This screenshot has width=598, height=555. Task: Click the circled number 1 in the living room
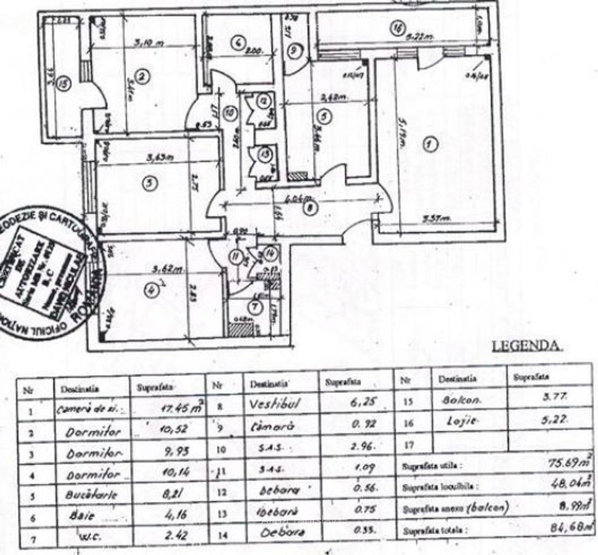coord(431,145)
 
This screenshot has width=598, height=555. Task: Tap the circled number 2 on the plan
coord(142,77)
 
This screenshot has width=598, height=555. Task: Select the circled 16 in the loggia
coord(398,28)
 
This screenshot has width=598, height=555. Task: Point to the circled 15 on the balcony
coord(62,85)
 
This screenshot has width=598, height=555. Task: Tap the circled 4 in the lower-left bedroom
coord(150,287)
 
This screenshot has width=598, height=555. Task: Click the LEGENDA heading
coord(526,347)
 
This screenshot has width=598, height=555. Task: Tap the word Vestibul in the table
coord(274,403)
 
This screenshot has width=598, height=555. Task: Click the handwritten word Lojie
coord(457,421)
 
